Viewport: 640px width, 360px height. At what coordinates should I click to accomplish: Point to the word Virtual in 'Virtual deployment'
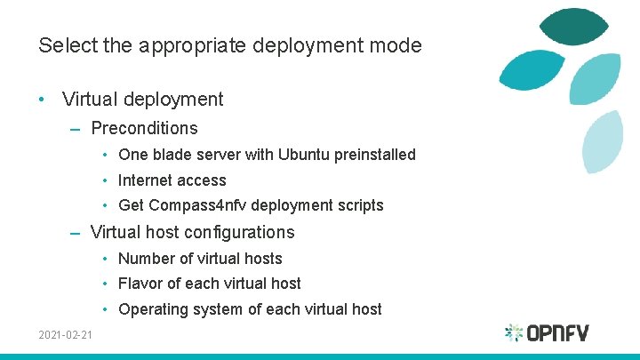tap(90, 100)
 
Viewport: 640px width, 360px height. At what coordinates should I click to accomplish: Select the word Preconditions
tap(144, 128)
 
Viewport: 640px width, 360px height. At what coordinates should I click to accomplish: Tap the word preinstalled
tap(379, 155)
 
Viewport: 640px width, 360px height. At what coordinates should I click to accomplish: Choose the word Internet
tap(148, 180)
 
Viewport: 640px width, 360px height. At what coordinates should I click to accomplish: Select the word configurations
tap(236, 232)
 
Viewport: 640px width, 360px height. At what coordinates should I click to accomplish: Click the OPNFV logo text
tap(557, 333)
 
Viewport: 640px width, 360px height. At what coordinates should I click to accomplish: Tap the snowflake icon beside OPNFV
tap(514, 333)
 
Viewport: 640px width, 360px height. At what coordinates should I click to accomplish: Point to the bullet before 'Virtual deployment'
tap(43, 100)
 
